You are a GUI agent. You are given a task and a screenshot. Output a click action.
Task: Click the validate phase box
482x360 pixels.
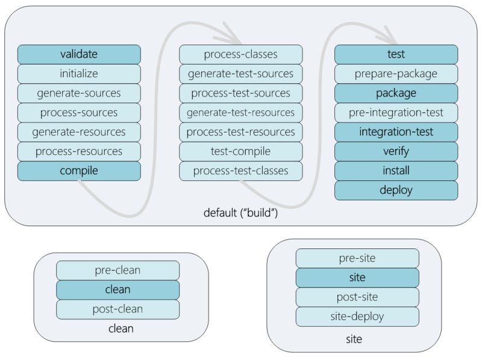79,54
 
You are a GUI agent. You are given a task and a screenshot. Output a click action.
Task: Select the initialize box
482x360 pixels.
79,74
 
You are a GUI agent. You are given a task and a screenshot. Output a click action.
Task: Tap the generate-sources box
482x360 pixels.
79,93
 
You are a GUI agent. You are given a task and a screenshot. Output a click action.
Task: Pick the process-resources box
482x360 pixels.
79,151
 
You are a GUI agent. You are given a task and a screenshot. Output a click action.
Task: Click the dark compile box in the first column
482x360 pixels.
79,171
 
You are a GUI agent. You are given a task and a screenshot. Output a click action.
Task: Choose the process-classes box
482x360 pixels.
240,54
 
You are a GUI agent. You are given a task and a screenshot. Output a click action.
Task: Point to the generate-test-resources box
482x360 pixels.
240,112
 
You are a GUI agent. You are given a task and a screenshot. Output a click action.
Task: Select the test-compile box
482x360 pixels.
240,151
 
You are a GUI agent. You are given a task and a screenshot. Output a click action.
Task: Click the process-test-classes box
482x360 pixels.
240,171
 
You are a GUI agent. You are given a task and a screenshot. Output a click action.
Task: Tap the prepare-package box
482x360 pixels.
396,74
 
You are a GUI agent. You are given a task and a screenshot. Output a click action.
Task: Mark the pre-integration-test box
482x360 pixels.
396,112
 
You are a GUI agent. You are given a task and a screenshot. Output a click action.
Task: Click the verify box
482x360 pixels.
396,151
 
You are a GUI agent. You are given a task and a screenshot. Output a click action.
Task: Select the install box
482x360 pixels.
396,171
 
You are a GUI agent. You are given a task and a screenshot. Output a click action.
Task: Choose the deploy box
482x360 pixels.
396,190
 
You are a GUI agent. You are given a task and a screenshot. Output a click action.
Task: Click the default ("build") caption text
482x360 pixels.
240,213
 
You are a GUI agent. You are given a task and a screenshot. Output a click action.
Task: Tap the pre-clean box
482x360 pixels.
117,270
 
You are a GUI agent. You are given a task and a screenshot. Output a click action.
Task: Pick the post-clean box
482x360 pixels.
117,309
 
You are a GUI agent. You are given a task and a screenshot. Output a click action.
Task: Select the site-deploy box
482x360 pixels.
357,316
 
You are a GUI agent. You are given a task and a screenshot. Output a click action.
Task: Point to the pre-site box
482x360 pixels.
357,258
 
